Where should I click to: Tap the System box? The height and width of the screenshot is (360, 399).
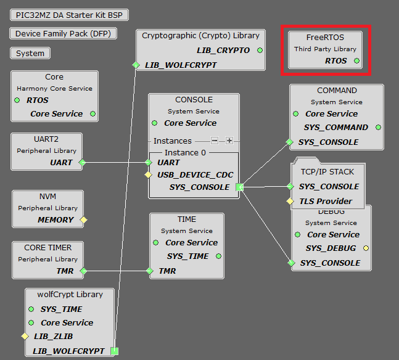[30, 54]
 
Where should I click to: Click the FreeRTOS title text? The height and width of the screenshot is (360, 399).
[325, 38]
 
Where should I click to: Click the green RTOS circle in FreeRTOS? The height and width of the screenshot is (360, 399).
[356, 61]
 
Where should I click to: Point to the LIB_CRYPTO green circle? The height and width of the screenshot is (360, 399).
[260, 50]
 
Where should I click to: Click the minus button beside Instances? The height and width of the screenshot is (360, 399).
[215, 141]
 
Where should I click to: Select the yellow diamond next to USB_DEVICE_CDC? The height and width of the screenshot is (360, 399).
[148, 175]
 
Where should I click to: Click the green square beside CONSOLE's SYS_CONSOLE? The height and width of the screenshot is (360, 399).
[240, 187]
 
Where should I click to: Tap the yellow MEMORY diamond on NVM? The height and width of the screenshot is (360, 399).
[84, 219]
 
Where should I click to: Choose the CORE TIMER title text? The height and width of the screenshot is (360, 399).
[47, 247]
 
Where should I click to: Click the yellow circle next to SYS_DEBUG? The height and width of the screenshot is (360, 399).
[366, 248]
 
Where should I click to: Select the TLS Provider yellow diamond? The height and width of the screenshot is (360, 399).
[290, 201]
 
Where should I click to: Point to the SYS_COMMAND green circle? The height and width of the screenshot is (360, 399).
[378, 128]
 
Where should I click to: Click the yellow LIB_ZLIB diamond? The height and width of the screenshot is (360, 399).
[25, 337]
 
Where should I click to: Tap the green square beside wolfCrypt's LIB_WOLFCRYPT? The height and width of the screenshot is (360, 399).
[114, 351]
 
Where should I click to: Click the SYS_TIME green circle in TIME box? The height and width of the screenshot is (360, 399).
[218, 256]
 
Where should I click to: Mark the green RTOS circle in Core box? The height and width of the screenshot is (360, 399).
[17, 100]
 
